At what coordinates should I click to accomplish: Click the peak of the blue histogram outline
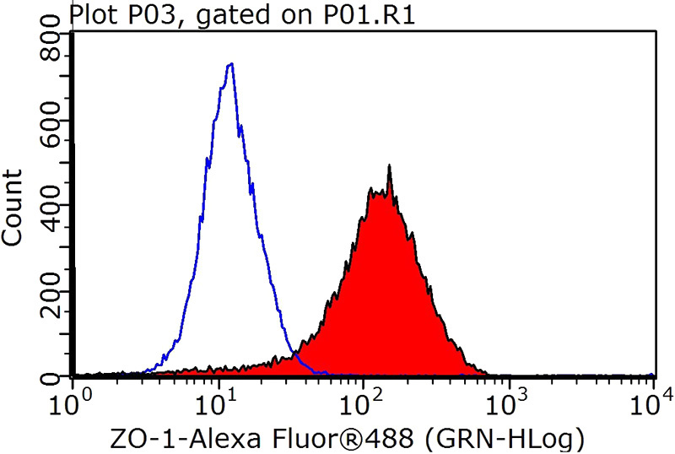coord(229,64)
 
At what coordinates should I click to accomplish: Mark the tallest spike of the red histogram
coord(389,166)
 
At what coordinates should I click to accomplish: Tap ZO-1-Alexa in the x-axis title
coord(172,438)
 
